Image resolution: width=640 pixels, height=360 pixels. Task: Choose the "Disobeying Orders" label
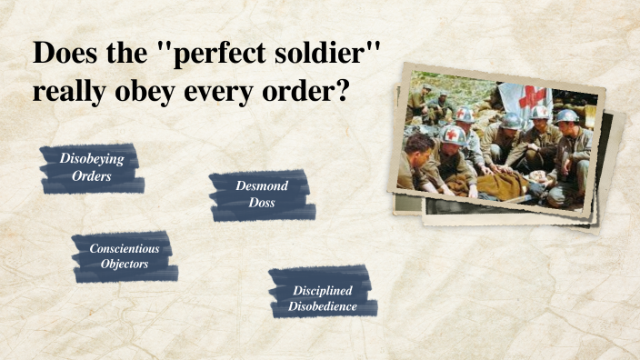tap(92, 167)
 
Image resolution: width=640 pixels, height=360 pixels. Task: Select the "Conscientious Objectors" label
tap(125, 255)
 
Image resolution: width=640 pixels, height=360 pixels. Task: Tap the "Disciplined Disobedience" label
tap(323, 298)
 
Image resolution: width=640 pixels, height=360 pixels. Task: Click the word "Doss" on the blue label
tap(262, 203)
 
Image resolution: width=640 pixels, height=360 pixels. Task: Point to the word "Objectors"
tap(125, 264)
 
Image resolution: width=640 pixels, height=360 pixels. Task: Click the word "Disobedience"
tap(323, 307)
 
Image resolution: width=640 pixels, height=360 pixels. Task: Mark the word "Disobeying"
tap(92, 158)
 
